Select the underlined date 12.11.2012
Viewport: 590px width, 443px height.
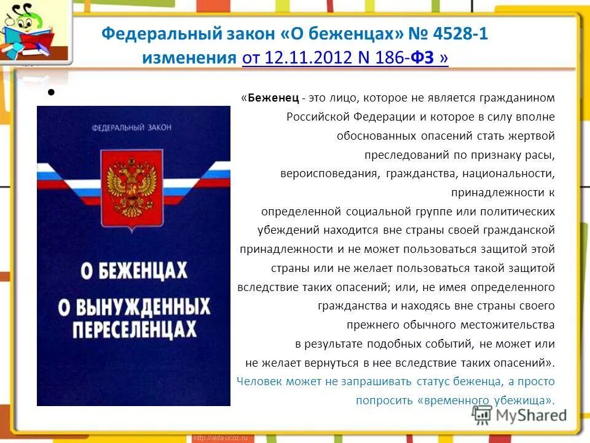click(310, 58)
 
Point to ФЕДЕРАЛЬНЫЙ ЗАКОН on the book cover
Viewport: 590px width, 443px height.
click(132, 127)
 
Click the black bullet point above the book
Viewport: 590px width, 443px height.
click(52, 94)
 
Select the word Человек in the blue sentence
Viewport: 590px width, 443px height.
click(258, 381)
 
